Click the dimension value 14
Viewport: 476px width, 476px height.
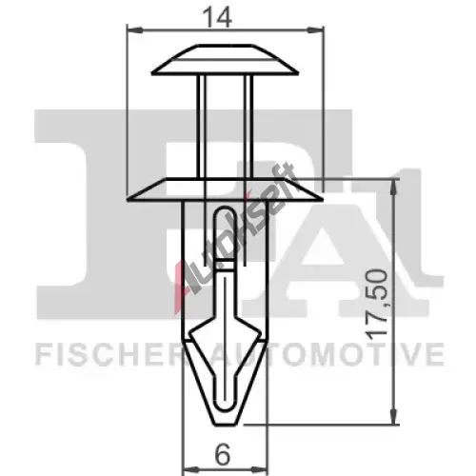pos(218,17)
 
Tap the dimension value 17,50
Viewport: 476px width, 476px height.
pos(377,302)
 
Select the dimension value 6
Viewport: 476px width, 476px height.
pos(223,454)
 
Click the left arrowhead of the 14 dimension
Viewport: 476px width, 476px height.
pos(134,30)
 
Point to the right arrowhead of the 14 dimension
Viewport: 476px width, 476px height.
pos(315,30)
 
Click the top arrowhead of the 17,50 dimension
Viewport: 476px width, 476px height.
pos(393,188)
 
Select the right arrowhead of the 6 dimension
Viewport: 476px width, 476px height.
pos(259,469)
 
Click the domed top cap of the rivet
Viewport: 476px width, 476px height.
pos(225,59)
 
